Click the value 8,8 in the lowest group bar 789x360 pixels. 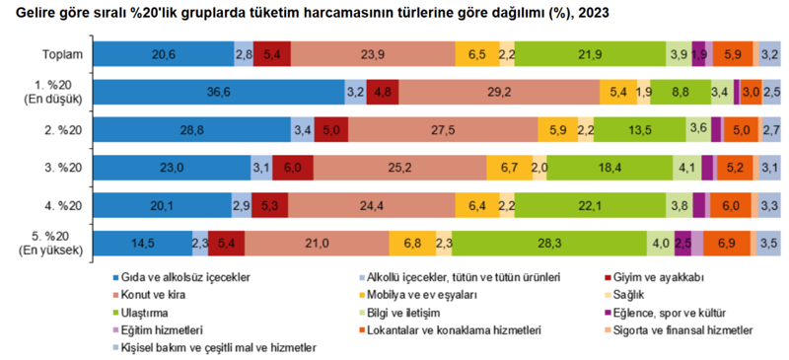tap(680, 92)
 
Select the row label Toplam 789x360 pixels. tap(62, 55)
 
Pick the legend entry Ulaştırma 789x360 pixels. tap(148, 313)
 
